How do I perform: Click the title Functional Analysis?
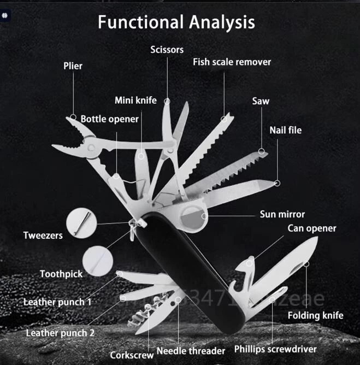point(176,23)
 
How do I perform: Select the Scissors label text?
point(167,50)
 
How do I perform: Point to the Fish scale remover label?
point(232,62)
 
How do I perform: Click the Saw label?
point(261,101)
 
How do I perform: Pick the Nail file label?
point(285,130)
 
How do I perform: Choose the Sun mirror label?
point(282,214)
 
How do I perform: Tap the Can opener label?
point(312,228)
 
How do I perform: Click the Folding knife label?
point(316,315)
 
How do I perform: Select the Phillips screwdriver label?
point(275,349)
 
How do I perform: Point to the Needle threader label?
point(191,351)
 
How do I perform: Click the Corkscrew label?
point(132,355)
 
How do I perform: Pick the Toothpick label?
point(61,273)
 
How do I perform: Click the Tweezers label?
point(43,236)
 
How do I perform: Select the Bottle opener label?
point(110,119)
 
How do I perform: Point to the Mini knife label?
point(135,100)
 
